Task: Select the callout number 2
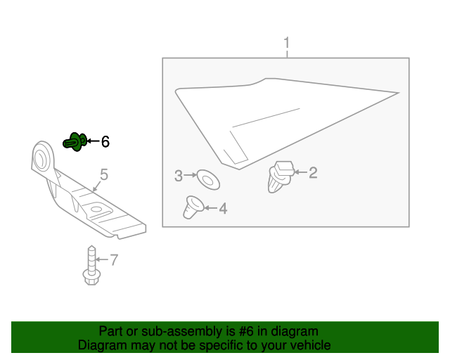coord(313,172)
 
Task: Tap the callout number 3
coord(179,175)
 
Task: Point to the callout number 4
coord(222,208)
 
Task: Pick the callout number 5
coord(103,174)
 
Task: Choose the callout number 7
coord(114,260)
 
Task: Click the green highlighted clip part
coord(75,141)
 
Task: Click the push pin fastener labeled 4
coord(192,207)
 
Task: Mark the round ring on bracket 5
coord(44,156)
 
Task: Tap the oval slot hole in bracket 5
coord(96,208)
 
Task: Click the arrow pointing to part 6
coord(92,141)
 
